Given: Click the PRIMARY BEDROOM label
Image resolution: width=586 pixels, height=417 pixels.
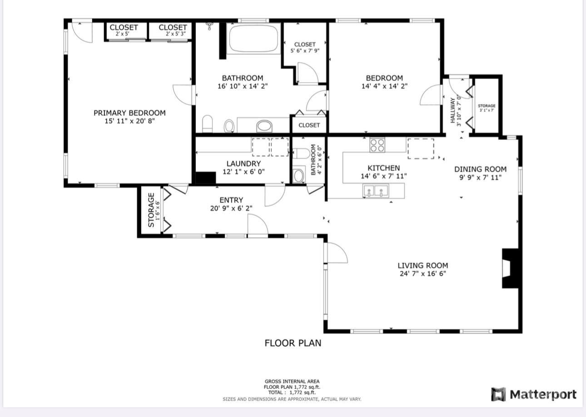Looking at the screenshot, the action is (129, 113).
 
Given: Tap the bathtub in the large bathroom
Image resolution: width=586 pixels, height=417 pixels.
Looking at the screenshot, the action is (253, 39).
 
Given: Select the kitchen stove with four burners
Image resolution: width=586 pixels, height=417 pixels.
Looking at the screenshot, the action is (377, 145).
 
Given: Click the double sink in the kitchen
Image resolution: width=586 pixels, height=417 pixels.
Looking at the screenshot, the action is (376, 191).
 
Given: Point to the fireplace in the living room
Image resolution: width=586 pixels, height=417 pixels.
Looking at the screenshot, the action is (510, 268).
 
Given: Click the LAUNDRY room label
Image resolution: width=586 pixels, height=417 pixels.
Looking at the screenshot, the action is (243, 164).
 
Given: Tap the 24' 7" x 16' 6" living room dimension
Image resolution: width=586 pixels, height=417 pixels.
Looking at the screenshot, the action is (423, 273).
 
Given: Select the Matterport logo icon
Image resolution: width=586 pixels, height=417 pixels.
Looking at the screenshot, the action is (499, 394).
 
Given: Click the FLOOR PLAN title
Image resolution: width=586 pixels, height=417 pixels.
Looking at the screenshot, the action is (293, 343).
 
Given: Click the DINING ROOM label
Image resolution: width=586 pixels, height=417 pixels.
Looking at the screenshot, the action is (480, 169).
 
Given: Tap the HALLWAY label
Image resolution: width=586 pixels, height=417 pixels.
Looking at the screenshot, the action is (452, 110).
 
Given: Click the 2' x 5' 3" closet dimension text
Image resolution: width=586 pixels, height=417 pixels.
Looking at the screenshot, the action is (175, 34).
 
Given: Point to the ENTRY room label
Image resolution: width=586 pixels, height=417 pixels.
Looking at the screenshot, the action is (231, 200).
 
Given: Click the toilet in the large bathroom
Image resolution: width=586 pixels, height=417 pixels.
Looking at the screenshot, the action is (208, 124).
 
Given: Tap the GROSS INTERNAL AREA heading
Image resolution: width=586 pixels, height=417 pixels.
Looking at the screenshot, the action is (292, 382).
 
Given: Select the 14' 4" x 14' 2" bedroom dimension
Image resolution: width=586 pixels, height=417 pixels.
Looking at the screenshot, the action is (384, 86).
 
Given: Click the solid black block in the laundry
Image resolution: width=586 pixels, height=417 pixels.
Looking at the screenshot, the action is (206, 178).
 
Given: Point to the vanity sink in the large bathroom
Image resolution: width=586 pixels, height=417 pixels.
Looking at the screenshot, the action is (264, 127).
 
